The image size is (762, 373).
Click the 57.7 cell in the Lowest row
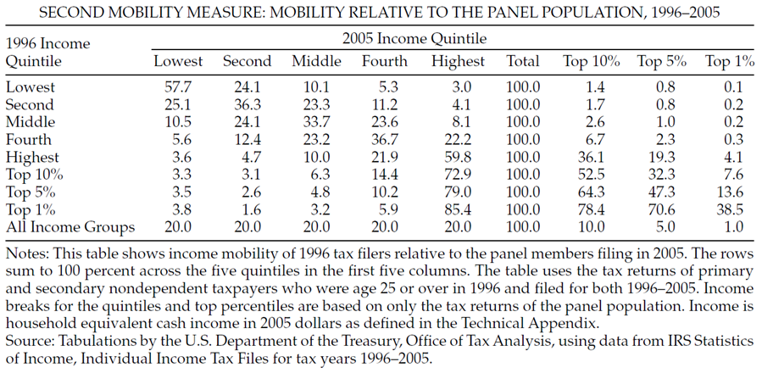[x=178, y=86]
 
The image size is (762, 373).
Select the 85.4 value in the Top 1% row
[x=458, y=209]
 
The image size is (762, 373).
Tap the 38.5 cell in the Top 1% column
[x=730, y=209]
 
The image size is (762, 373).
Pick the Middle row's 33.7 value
[x=316, y=122]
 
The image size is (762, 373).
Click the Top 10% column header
[x=591, y=61]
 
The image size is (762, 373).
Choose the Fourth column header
[x=384, y=61]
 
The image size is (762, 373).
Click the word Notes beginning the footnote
[x=25, y=253]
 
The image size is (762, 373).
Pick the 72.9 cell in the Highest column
[x=458, y=175]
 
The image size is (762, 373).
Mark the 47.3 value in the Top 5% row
[x=660, y=192]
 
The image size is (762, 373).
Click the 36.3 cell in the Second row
[x=247, y=104]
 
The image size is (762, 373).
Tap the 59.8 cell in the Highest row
[x=458, y=157]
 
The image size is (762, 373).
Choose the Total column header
[x=523, y=61]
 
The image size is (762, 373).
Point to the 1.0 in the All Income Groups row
[x=730, y=227]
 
